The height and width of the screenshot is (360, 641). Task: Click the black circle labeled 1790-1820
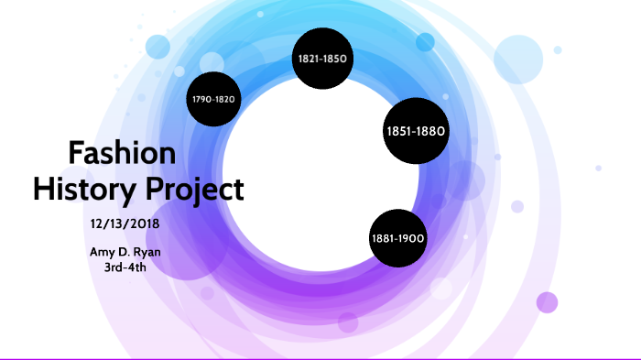click(x=213, y=99)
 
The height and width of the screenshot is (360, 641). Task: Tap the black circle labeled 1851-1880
click(x=416, y=131)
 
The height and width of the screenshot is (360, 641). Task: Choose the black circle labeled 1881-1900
click(x=397, y=238)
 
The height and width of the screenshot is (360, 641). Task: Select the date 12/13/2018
click(x=125, y=223)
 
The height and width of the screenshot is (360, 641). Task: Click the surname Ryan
click(x=148, y=251)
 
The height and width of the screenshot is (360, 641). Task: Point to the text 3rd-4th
click(x=125, y=267)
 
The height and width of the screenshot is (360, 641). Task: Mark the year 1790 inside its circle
click(x=201, y=99)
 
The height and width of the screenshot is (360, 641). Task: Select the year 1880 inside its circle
click(x=430, y=131)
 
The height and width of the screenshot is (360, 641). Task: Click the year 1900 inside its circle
click(x=411, y=238)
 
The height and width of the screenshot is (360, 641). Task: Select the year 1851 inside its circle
click(x=400, y=131)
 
